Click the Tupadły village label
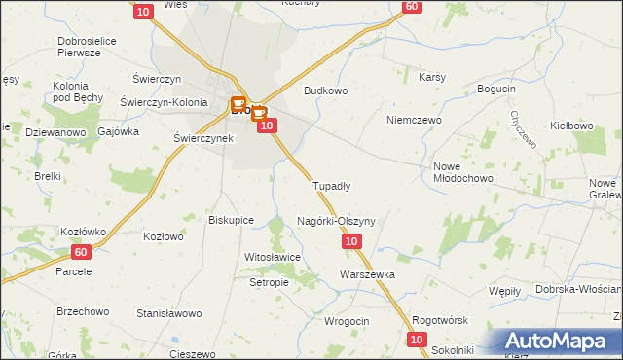click(331, 185)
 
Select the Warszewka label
click(367, 274)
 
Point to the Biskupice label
click(232, 220)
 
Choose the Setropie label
click(269, 282)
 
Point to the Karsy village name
click(432, 77)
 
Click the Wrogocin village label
click(346, 321)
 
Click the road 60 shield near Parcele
click(81, 252)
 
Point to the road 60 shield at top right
click(411, 6)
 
